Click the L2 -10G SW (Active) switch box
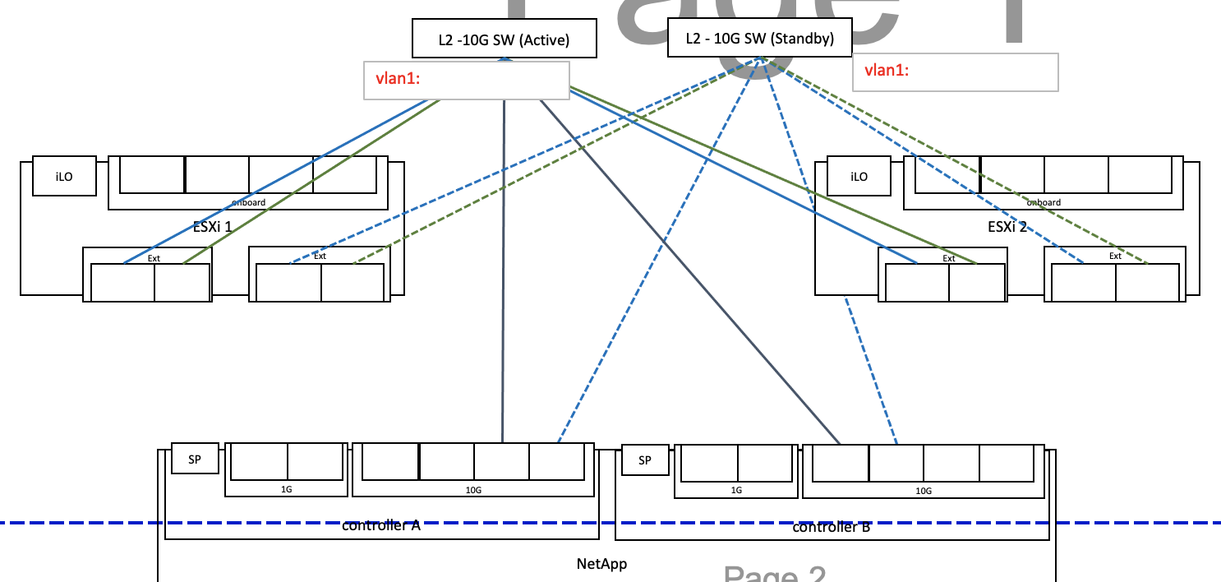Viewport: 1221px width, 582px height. (504, 39)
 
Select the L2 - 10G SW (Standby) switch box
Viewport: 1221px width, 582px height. (760, 39)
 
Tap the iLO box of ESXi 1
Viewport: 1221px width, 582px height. (64, 176)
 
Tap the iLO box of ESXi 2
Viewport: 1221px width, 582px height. (859, 176)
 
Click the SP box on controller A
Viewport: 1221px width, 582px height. (195, 460)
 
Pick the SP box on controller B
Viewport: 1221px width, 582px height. (644, 460)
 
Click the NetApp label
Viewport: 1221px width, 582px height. (602, 564)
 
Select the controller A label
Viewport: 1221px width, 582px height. (381, 526)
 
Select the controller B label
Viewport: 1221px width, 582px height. (831, 527)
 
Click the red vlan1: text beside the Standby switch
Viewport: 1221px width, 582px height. (881, 71)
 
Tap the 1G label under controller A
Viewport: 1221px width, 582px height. (286, 490)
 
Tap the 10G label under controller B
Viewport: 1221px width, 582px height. (924, 491)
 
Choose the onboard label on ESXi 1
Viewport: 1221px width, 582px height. (248, 202)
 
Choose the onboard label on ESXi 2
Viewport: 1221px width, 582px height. (1044, 202)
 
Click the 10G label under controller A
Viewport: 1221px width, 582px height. (473, 490)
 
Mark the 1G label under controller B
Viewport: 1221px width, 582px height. (736, 491)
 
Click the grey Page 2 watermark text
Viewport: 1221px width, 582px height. (774, 574)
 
